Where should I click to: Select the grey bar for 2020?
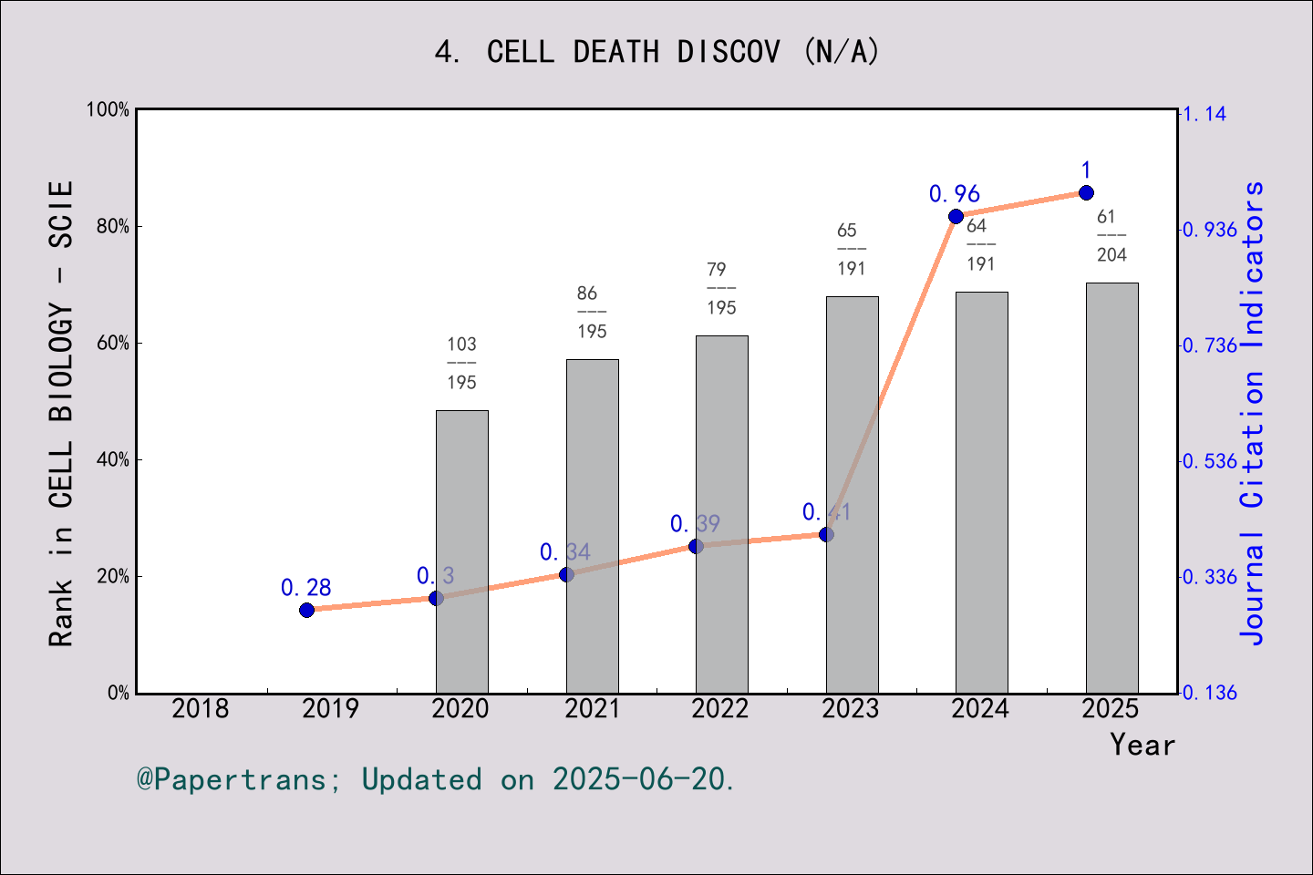(461, 551)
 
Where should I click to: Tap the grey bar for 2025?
(1111, 488)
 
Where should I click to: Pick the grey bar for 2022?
(721, 514)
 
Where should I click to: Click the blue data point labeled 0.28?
(306, 610)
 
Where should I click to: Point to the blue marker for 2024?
(956, 216)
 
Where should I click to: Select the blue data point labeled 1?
(1086, 192)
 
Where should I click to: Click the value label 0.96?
(954, 194)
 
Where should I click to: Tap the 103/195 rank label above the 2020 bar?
(461, 363)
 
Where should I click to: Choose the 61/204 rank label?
(1111, 235)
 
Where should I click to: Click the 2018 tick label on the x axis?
(201, 708)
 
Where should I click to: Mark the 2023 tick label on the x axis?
(850, 708)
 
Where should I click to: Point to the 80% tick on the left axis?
(113, 226)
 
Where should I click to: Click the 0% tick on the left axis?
(119, 693)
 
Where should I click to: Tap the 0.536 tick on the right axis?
(1210, 461)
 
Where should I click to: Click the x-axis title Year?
(1142, 745)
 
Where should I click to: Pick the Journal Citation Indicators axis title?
(1252, 413)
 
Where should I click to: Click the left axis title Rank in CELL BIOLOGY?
(61, 413)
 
